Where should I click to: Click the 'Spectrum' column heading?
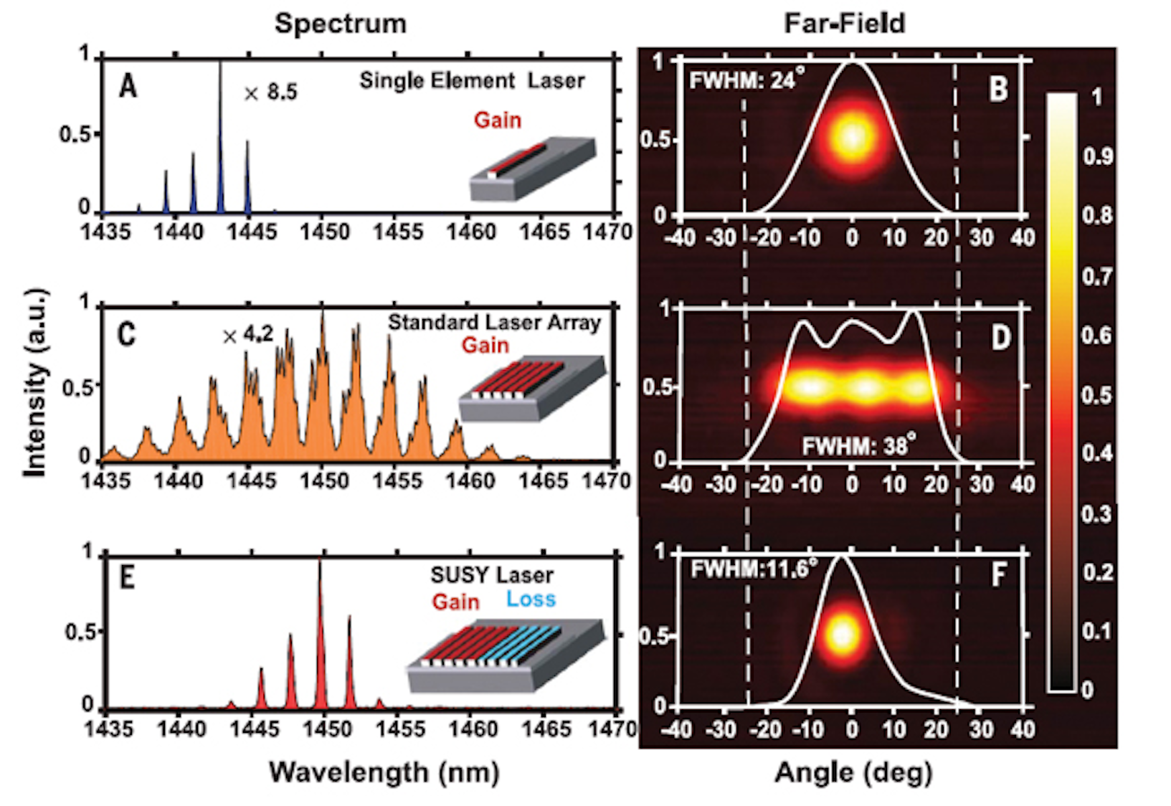[340, 24]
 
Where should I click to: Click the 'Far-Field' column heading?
[844, 24]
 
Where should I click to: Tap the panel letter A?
[128, 87]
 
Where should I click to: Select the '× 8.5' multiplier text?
[270, 93]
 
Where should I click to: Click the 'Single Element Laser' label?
[471, 80]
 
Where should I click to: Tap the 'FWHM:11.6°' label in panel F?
[754, 569]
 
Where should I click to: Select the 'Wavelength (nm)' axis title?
[384, 772]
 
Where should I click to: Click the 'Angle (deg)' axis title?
[853, 772]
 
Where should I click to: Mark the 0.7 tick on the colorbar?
[1096, 276]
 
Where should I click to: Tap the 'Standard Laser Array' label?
[494, 323]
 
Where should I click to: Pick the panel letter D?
[1000, 338]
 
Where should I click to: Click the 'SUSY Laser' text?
[491, 575]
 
